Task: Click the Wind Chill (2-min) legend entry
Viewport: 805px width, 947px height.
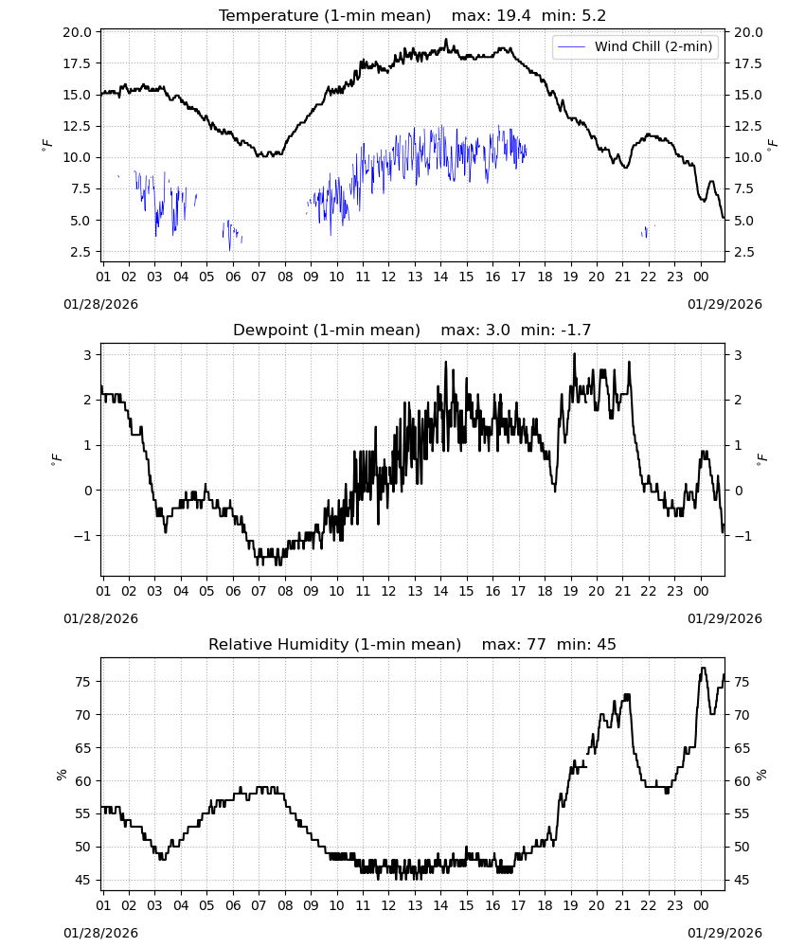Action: pos(635,46)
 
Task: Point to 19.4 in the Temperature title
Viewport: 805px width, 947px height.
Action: pos(513,15)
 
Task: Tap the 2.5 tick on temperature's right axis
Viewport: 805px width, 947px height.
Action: pos(744,252)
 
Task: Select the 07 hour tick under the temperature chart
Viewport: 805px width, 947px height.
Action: pos(259,277)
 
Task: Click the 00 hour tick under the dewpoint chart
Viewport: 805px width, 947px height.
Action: pos(701,591)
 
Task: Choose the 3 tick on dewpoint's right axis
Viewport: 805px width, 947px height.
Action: pos(738,355)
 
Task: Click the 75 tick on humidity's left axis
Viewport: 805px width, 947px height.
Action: pos(82,682)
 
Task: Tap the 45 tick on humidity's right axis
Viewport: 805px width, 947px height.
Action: pos(742,880)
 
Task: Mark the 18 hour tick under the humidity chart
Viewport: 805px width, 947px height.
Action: pos(545,905)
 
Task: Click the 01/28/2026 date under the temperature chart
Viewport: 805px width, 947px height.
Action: pos(100,304)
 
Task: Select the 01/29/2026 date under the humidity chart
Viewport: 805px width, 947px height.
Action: pos(724,933)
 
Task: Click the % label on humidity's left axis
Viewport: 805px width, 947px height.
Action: pos(61,775)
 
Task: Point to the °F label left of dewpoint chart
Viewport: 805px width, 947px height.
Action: pos(56,459)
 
